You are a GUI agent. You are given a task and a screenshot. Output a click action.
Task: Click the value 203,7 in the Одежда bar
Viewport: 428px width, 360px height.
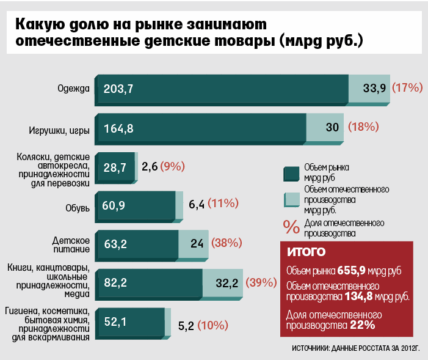click(x=118, y=89)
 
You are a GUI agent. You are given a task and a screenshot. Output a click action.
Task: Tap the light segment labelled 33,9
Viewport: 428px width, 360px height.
click(x=369, y=89)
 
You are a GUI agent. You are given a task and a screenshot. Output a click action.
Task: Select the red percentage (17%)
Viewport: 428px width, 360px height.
click(x=407, y=88)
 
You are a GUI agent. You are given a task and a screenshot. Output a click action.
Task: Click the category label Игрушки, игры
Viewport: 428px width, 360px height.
click(x=59, y=130)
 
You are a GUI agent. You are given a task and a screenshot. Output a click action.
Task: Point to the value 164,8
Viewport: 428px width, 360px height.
click(x=118, y=128)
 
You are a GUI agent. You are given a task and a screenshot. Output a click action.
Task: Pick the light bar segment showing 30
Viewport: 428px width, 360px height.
click(x=325, y=128)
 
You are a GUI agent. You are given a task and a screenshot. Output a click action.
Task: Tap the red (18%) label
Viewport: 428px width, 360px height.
click(x=363, y=127)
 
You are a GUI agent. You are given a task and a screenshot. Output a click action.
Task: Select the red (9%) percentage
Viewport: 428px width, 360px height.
click(x=173, y=166)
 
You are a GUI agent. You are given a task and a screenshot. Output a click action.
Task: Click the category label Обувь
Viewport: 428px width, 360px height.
click(x=78, y=208)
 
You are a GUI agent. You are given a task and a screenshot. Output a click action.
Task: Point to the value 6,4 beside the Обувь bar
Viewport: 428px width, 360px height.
click(x=197, y=204)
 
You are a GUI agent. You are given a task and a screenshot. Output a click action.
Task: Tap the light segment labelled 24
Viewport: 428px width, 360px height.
click(x=194, y=244)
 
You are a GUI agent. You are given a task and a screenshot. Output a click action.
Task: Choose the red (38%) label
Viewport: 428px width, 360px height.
click(x=227, y=243)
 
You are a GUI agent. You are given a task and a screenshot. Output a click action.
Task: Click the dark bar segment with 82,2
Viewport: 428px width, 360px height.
click(x=149, y=283)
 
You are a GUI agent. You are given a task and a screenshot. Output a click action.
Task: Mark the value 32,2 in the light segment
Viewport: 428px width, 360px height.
click(x=227, y=283)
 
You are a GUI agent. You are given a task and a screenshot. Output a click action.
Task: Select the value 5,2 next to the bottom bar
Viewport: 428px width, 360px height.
click(x=186, y=326)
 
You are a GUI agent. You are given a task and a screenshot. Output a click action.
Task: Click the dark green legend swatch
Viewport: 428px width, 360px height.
click(x=291, y=174)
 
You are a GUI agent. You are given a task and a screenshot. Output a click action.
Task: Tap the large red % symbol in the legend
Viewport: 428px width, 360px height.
click(x=291, y=227)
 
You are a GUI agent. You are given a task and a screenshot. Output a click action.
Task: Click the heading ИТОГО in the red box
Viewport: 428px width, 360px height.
click(x=306, y=252)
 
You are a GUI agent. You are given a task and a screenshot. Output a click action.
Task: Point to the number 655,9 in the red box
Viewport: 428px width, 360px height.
click(x=351, y=270)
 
